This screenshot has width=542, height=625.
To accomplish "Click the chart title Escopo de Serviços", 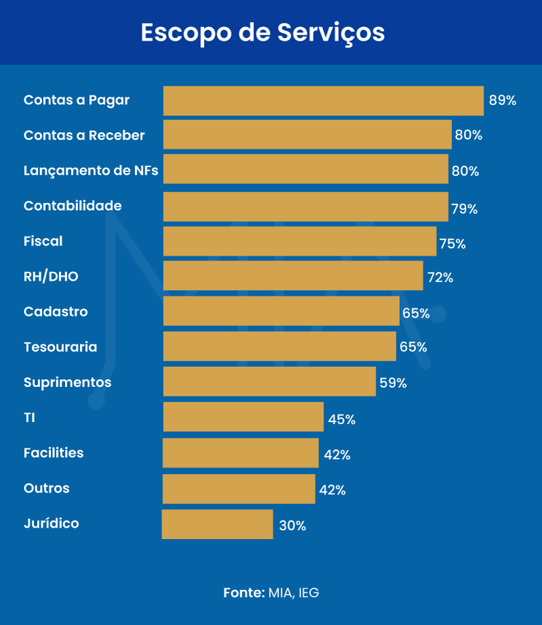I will pyautogui.click(x=263, y=32).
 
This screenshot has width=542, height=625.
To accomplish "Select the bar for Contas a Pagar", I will pyautogui.click(x=323, y=101).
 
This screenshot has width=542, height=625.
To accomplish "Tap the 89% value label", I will pyautogui.click(x=502, y=101).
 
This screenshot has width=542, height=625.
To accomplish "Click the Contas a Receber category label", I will pyautogui.click(x=84, y=135).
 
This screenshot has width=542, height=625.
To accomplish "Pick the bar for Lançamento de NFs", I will pyautogui.click(x=306, y=169).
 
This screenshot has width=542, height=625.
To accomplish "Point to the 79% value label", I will pyautogui.click(x=464, y=209).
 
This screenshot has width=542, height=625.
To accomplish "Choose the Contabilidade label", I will pyautogui.click(x=72, y=206).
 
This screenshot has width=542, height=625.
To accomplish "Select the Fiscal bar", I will pyautogui.click(x=299, y=241).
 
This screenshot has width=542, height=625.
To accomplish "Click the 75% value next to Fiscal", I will pyautogui.click(x=452, y=244).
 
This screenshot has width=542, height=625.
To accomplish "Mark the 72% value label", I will pyautogui.click(x=440, y=277).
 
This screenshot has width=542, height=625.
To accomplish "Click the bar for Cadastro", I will pyautogui.click(x=281, y=311).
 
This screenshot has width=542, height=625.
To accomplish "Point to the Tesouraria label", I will pyautogui.click(x=60, y=347).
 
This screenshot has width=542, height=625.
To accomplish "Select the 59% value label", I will pyautogui.click(x=393, y=383).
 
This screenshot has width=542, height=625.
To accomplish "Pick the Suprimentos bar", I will pyautogui.click(x=270, y=381).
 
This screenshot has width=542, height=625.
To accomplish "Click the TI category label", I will pyautogui.click(x=29, y=417).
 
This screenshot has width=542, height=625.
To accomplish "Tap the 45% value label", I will pyautogui.click(x=341, y=419).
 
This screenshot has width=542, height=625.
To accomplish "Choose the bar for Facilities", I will pyautogui.click(x=241, y=453).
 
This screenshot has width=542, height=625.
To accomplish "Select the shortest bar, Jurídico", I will pyautogui.click(x=217, y=524).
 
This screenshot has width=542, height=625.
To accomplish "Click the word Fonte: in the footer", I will pyautogui.click(x=244, y=593).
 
